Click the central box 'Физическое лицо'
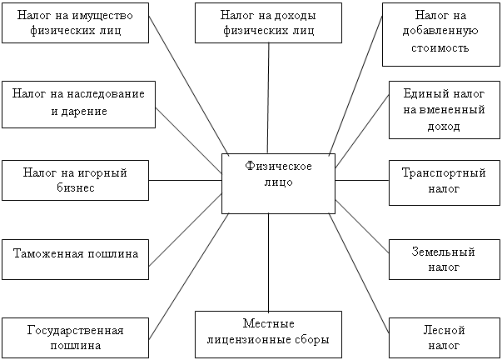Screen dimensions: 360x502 (x=278, y=182)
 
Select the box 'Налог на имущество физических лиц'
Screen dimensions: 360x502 (x=79, y=23)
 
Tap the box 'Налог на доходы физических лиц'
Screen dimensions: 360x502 (x=269, y=22)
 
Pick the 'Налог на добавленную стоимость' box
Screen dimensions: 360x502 (x=440, y=33)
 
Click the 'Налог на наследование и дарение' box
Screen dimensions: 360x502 (x=79, y=103)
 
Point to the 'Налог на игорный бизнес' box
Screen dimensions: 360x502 (x=76, y=180)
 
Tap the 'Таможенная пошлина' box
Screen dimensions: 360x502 (x=76, y=252)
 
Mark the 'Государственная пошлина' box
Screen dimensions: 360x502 (x=76, y=337)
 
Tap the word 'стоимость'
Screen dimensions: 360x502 (x=440, y=48)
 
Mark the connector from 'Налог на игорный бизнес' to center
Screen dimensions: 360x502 (x=186, y=180)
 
